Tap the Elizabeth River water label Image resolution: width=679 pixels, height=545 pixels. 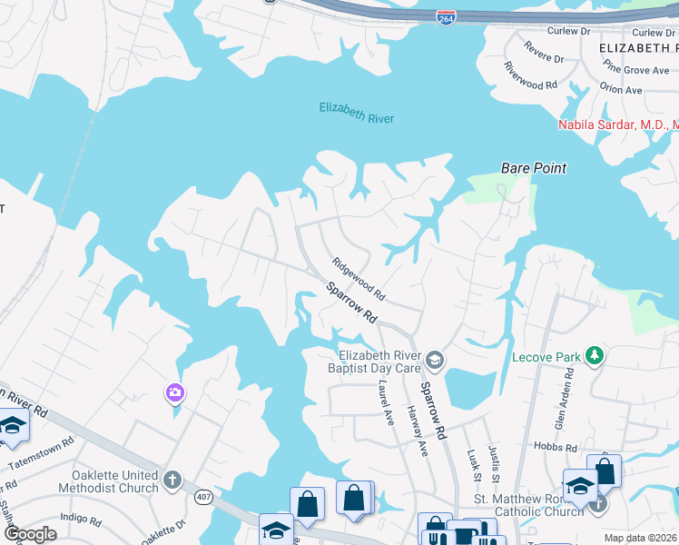point(356,113)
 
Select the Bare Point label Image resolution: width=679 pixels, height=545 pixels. point(534,168)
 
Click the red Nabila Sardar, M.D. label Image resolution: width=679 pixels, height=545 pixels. point(617,124)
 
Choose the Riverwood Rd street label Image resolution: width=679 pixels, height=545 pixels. point(531,77)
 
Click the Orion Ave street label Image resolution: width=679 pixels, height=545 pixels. point(621,90)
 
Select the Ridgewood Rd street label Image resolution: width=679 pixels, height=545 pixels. point(359,280)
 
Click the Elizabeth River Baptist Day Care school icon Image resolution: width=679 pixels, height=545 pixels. point(435,362)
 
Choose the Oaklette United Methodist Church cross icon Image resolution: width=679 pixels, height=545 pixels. point(172,479)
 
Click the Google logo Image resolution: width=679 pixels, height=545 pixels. point(31,534)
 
